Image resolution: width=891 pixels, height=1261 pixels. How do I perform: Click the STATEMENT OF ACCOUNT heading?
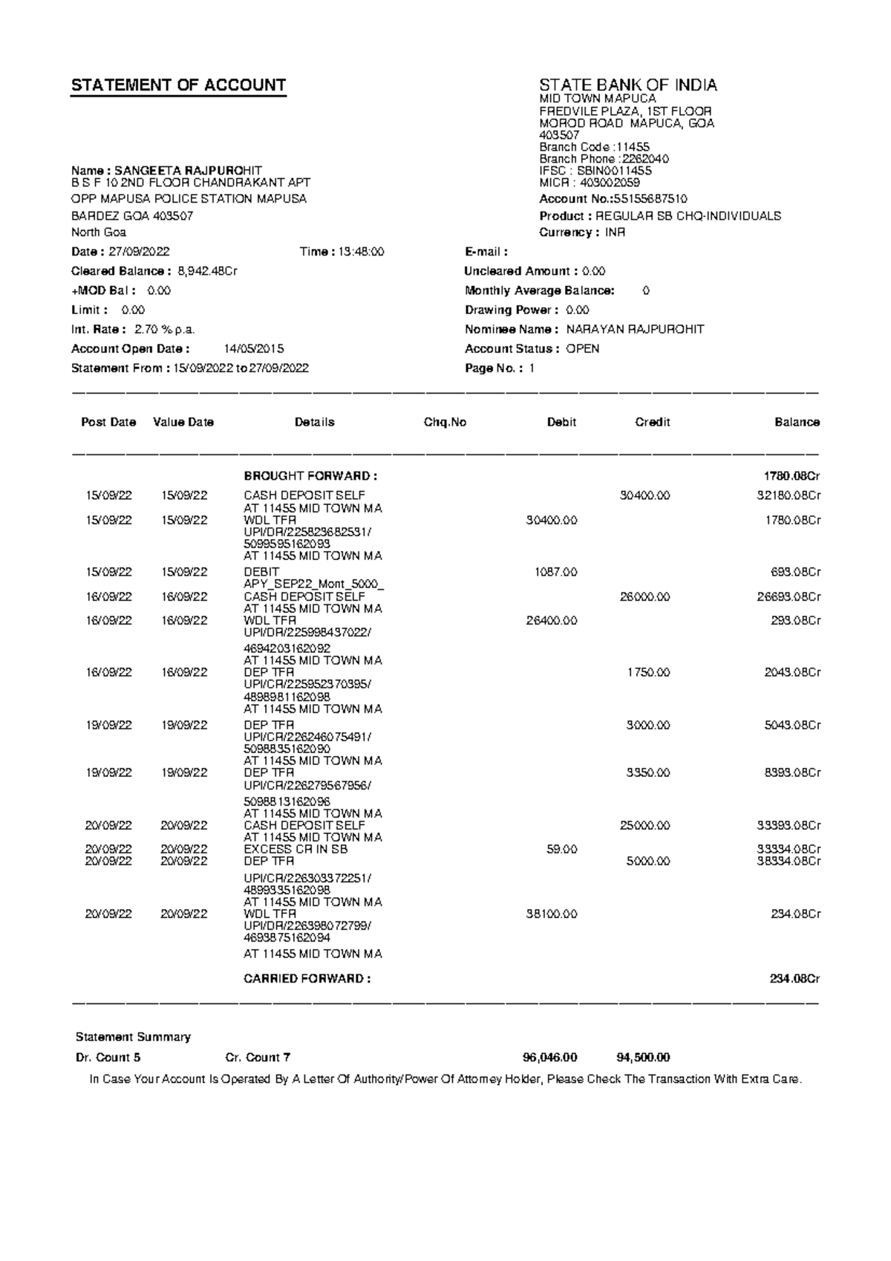[178, 85]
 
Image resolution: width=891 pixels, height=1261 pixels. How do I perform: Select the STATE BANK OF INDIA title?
[628, 85]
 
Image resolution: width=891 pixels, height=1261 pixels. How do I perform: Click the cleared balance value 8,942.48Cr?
[208, 271]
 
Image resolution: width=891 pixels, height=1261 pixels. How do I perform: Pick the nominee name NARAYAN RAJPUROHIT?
[635, 329]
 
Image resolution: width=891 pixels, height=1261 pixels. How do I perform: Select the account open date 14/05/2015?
[254, 349]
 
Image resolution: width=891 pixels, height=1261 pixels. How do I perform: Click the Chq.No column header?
[445, 422]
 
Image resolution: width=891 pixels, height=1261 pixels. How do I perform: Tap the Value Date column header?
[183, 422]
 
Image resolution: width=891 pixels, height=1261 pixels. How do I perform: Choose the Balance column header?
[797, 422]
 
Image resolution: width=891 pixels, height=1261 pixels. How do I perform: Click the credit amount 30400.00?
[644, 495]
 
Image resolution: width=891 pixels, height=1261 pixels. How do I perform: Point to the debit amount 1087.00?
[555, 573]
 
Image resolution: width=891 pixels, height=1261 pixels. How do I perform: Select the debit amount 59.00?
[561, 849]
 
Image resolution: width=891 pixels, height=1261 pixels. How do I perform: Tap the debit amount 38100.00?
[551, 914]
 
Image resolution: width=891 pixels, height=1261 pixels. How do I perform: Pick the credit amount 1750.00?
[648, 672]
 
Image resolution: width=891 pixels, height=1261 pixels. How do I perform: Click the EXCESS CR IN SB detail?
[296, 849]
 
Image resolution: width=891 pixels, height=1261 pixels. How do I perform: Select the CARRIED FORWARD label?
[307, 979]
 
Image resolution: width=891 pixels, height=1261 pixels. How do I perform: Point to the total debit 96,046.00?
[549, 1058]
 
